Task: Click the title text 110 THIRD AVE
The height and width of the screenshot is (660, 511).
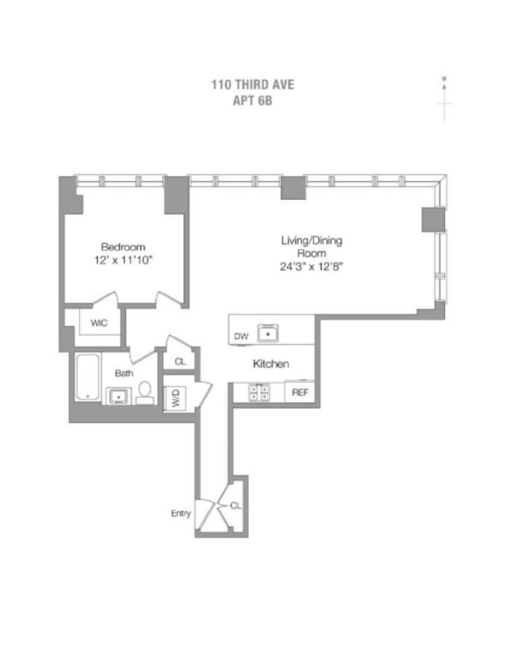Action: pyautogui.click(x=253, y=85)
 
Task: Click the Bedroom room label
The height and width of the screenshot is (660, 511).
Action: pyautogui.click(x=123, y=247)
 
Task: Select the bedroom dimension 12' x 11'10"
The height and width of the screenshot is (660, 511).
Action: pyautogui.click(x=123, y=260)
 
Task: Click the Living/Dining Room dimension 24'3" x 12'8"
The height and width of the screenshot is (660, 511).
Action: pyautogui.click(x=312, y=266)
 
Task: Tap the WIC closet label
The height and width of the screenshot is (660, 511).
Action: pyautogui.click(x=98, y=323)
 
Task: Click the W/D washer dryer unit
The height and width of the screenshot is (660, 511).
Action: pyautogui.click(x=175, y=397)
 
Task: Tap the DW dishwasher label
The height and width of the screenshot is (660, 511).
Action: pyautogui.click(x=241, y=337)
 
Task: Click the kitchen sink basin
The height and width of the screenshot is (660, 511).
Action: pyautogui.click(x=269, y=334)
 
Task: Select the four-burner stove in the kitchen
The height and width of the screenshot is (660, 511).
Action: pyautogui.click(x=259, y=392)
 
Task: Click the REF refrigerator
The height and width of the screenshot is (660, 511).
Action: pyautogui.click(x=300, y=392)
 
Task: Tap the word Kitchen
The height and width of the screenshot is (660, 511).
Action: pyautogui.click(x=271, y=364)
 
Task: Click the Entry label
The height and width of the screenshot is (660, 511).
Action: pyautogui.click(x=181, y=513)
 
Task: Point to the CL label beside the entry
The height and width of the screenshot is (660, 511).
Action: pyautogui.click(x=235, y=506)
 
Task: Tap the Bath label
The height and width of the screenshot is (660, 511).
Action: pyautogui.click(x=124, y=373)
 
